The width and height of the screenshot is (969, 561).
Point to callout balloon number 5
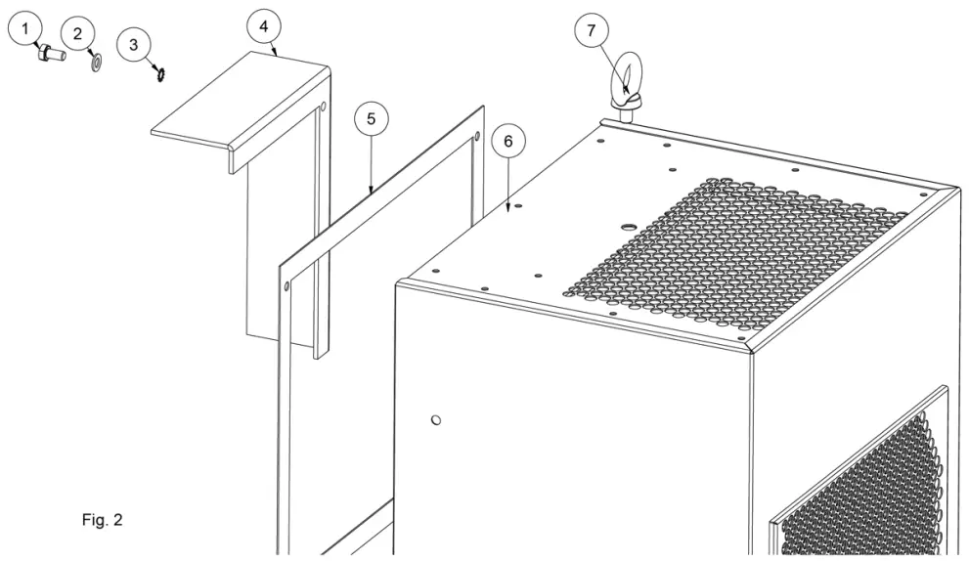point(371,118)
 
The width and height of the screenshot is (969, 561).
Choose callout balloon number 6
point(507,141)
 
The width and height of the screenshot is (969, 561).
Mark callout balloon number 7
point(590,30)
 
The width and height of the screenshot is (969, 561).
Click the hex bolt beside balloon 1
point(50,56)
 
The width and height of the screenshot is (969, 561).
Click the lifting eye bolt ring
point(624,81)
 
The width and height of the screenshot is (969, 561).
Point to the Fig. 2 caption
point(102,519)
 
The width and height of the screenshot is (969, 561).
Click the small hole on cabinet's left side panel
point(436,419)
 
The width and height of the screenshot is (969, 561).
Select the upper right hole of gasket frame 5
point(475,136)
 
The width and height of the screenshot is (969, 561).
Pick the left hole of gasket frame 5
point(286,286)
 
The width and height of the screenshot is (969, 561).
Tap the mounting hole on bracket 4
point(323,105)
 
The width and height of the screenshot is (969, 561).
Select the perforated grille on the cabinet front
point(870,479)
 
